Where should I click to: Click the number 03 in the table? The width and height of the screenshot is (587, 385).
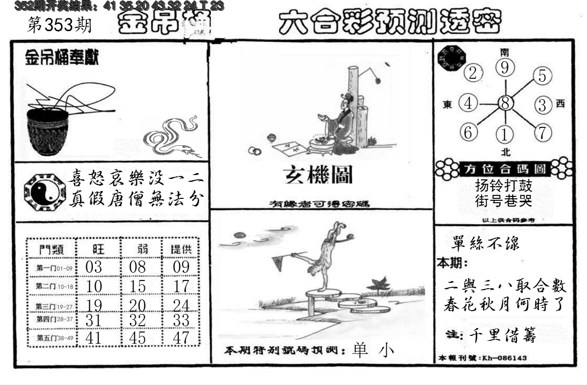(x=93, y=267)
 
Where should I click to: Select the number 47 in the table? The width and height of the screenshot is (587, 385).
(x=181, y=337)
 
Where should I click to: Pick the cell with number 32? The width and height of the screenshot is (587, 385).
(x=137, y=320)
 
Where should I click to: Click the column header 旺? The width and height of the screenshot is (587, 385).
(x=97, y=249)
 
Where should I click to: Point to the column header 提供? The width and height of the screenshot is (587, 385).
(x=181, y=249)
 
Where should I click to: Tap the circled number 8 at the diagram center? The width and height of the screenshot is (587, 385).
(x=505, y=103)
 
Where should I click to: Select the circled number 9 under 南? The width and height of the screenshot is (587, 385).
(x=505, y=68)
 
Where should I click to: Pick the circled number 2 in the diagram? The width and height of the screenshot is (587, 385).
(x=473, y=73)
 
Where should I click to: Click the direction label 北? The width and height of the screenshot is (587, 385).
(x=505, y=152)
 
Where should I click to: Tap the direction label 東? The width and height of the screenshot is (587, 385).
(x=448, y=104)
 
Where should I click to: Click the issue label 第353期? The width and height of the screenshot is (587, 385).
(x=60, y=25)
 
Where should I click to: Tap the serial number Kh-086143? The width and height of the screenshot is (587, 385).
(x=504, y=358)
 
